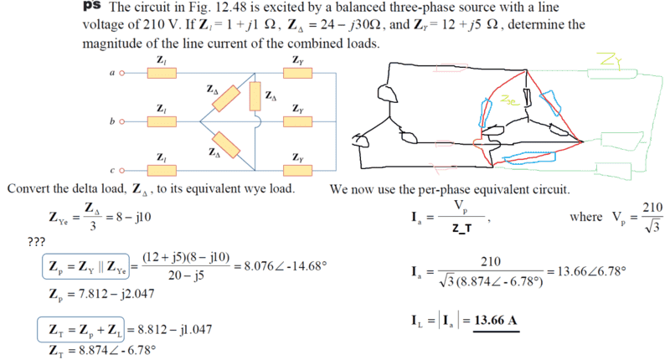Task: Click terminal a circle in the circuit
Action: [x=123, y=74]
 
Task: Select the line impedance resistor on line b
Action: [x=161, y=121]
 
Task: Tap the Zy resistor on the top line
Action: [x=298, y=74]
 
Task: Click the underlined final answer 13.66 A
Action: [x=494, y=320]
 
